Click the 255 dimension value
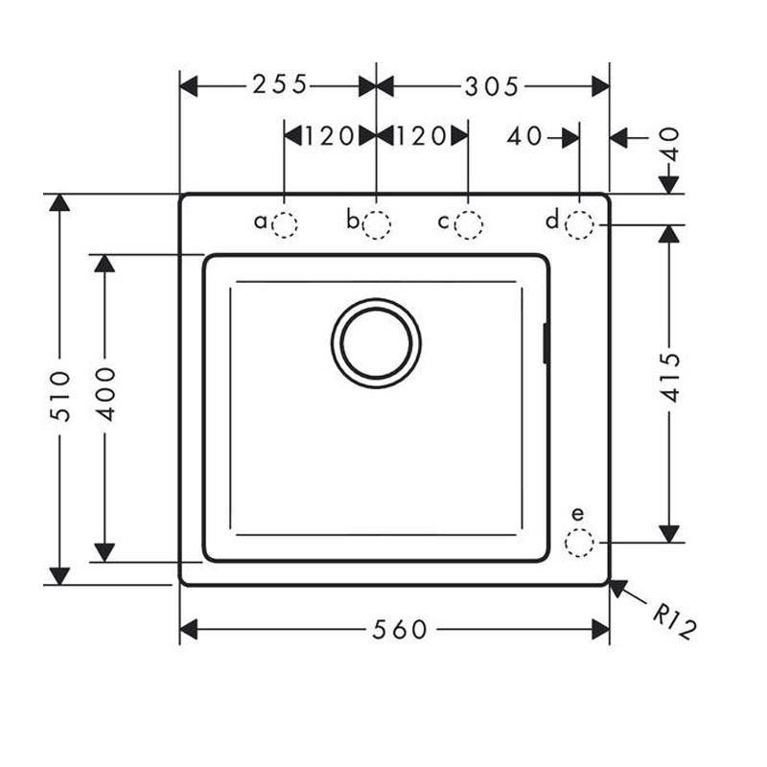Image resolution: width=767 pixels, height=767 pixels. pyautogui.click(x=279, y=84)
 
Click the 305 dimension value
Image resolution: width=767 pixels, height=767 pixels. pyautogui.click(x=491, y=87)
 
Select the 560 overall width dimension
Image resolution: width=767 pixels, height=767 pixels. pyautogui.click(x=400, y=630)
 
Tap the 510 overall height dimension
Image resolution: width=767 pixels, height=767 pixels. pyautogui.click(x=61, y=396)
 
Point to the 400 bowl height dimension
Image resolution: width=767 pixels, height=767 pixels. pyautogui.click(x=105, y=394)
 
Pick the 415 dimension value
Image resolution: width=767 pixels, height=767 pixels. pyautogui.click(x=670, y=377)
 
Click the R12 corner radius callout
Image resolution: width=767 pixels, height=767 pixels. pyautogui.click(x=674, y=621)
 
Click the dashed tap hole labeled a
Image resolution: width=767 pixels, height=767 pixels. pyautogui.click(x=284, y=225)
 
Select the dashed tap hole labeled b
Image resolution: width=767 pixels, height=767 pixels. pyautogui.click(x=376, y=225)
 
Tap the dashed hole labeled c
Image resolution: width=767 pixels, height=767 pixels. pyautogui.click(x=468, y=225)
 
